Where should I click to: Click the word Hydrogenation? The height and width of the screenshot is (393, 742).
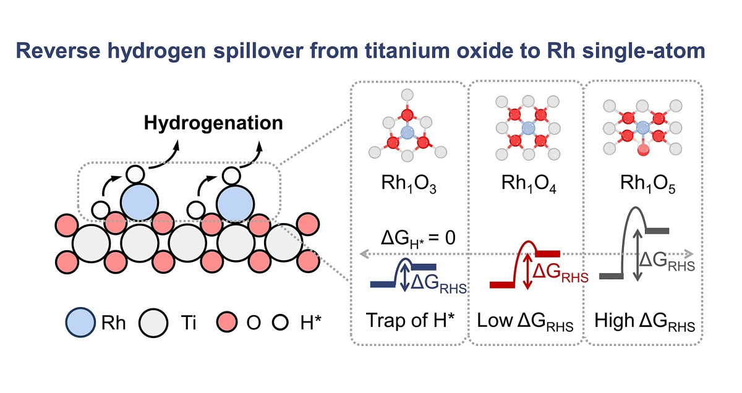pyautogui.click(x=213, y=123)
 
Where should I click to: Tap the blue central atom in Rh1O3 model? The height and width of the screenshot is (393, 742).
pyautogui.click(x=406, y=132)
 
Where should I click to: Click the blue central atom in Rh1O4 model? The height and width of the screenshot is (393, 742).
pyautogui.click(x=527, y=128)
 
